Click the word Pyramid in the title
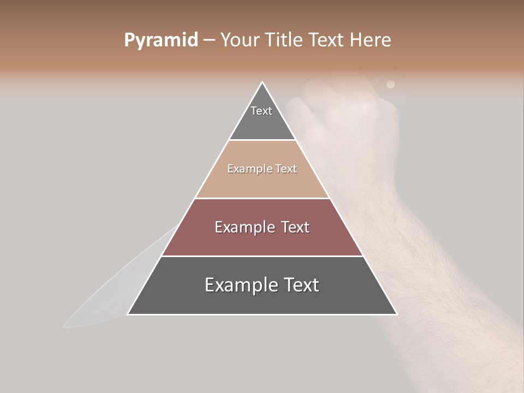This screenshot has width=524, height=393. click(160, 40)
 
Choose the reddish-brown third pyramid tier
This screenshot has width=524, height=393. click(262, 240)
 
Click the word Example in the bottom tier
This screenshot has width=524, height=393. click(237, 285)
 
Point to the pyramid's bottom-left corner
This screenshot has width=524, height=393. click(128, 314)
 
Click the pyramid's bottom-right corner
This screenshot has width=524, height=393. click(397, 314)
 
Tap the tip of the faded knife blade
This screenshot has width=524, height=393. click(63, 327)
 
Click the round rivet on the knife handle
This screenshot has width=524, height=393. click(390, 84)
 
